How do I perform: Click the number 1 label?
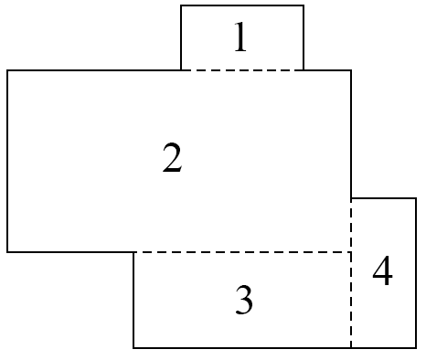point(240,37)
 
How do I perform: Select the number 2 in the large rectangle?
point(172,158)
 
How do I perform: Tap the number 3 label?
point(244,300)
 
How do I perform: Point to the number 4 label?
point(382,270)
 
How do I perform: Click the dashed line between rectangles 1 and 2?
point(242,70)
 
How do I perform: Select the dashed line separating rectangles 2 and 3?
point(242,252)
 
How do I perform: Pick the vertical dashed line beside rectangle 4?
point(351,273)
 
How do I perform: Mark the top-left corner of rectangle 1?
point(181,5)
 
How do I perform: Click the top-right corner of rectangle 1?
point(304,5)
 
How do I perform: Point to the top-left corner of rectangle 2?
point(7,70)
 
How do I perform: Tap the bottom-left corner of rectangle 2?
point(7,252)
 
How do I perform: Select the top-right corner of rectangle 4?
point(416,198)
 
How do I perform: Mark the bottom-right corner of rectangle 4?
point(416,347)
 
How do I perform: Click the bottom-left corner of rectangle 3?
point(133,347)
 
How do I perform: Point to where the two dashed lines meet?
point(351,252)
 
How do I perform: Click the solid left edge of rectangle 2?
point(7,162)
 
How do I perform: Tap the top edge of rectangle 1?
point(242,5)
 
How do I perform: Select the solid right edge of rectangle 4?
point(416,273)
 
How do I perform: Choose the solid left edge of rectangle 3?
point(133,300)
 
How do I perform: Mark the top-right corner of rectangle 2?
point(351,70)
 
